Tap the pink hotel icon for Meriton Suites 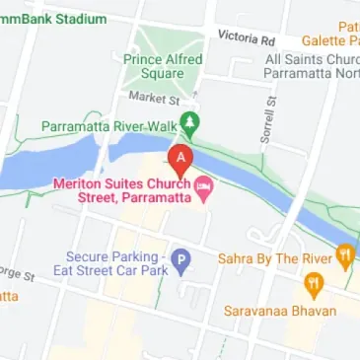[204, 184]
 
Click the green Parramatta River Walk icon [192, 126]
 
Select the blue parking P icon [180, 260]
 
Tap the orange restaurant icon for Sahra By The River [345, 255]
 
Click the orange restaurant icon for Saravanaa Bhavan [314, 287]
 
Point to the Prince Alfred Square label [163, 66]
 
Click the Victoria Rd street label [247, 37]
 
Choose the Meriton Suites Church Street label [122, 190]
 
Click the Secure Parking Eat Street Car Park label [114, 260]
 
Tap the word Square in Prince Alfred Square [163, 74]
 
